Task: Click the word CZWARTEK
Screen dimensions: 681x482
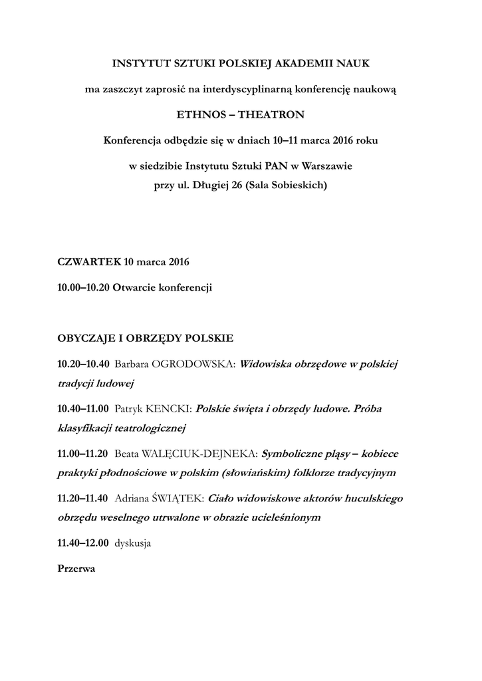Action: (89, 261)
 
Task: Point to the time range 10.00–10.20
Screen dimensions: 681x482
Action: (84, 287)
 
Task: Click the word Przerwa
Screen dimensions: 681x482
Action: (76, 569)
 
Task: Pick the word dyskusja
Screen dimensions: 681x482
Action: (133, 543)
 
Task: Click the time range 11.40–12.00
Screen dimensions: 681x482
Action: (83, 543)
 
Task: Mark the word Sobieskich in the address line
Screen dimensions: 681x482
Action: (299, 186)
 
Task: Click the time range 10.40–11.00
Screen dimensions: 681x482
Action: (83, 407)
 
